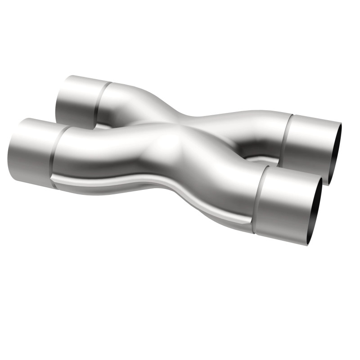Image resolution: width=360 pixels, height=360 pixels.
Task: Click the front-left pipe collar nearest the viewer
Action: [29, 151]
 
